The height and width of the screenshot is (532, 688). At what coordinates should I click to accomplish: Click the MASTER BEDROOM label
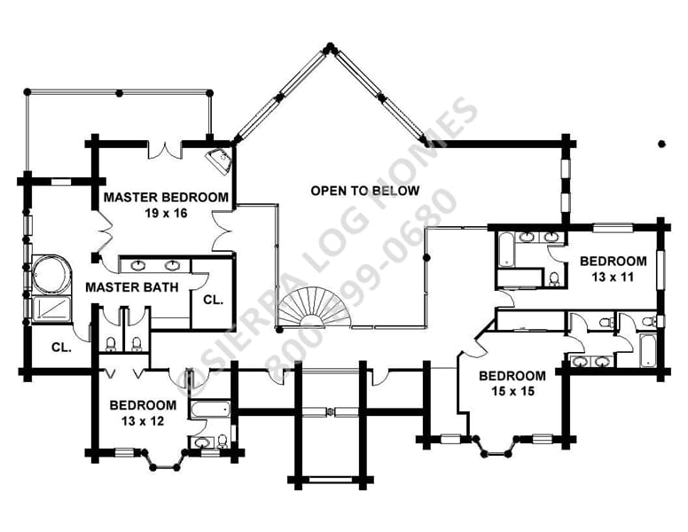click(x=166, y=197)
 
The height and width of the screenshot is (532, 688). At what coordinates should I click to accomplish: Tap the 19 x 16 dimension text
click(x=166, y=214)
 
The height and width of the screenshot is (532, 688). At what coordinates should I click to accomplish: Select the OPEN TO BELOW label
click(x=365, y=191)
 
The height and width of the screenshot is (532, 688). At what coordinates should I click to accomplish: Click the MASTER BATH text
click(x=131, y=287)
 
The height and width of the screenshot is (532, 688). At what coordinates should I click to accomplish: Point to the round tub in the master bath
click(x=51, y=274)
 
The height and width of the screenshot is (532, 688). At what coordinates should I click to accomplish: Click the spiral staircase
click(x=315, y=308)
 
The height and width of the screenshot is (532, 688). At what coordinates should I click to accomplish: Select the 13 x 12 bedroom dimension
click(x=143, y=421)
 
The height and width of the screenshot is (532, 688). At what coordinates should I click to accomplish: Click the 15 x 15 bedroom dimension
click(x=513, y=391)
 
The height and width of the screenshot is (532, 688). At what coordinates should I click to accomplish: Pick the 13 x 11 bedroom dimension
click(x=613, y=277)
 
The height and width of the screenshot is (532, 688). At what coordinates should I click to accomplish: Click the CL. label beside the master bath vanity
click(x=214, y=301)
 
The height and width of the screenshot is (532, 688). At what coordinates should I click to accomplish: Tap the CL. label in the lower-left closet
click(x=61, y=348)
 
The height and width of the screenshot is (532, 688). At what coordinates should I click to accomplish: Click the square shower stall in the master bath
click(x=51, y=309)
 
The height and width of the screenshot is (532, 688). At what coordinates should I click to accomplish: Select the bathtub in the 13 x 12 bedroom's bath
click(x=210, y=409)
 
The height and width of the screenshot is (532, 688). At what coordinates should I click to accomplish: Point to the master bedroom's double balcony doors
click(x=165, y=150)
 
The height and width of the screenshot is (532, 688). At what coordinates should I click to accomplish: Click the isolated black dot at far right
click(x=661, y=144)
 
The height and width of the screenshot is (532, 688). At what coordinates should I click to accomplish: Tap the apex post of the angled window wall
click(x=330, y=47)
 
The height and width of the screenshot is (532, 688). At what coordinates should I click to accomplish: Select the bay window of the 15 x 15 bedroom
click(x=496, y=446)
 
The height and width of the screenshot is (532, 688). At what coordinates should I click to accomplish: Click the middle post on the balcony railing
click(x=119, y=92)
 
